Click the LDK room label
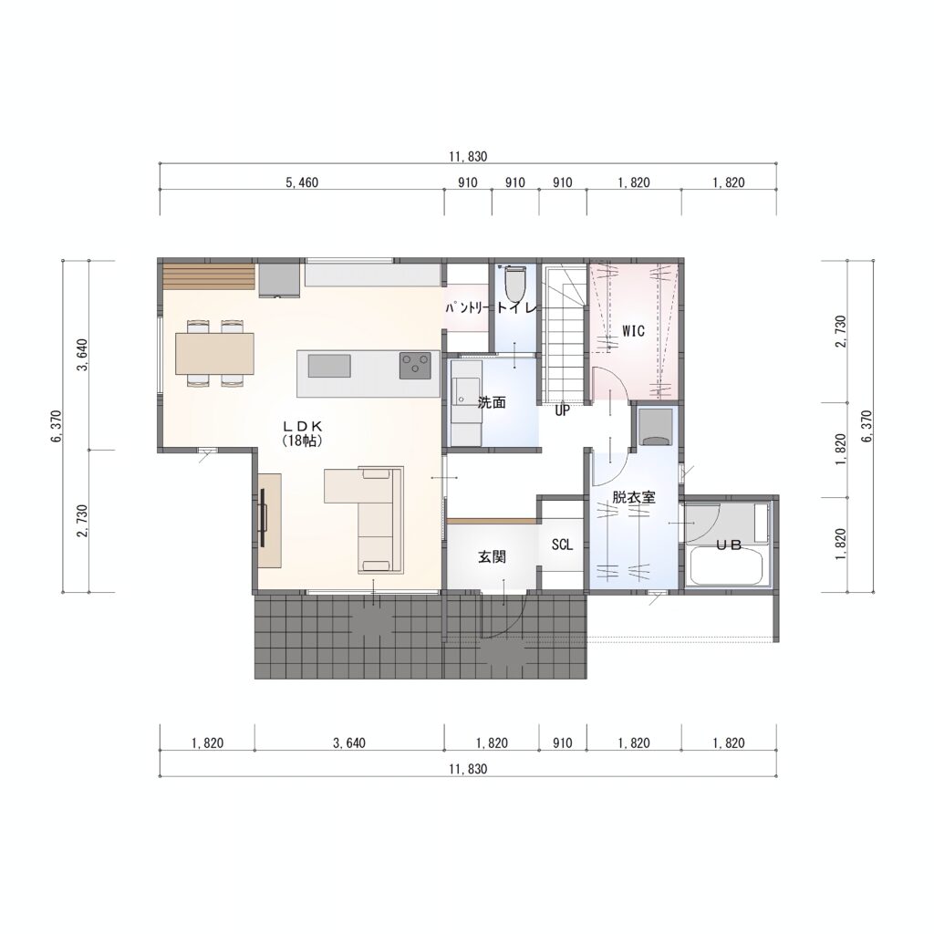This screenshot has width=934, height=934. click(x=302, y=427)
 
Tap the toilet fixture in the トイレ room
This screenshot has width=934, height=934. click(x=515, y=284)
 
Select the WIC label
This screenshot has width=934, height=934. click(x=633, y=330)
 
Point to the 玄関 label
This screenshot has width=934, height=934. click(x=492, y=557)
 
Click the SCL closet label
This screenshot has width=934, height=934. click(x=562, y=545)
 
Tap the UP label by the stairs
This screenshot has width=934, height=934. click(x=562, y=410)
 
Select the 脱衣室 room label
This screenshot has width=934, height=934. click(x=634, y=497)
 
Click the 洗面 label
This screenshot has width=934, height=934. click(x=492, y=402)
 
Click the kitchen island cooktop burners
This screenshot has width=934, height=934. click(x=415, y=365)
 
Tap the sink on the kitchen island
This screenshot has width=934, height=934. click(x=329, y=365)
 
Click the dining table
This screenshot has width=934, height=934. click(x=214, y=354)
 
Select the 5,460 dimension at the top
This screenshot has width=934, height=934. click(x=302, y=182)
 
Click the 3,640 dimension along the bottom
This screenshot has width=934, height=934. click(x=349, y=742)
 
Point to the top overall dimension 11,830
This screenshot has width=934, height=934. click(x=468, y=157)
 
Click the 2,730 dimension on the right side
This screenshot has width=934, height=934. click(x=840, y=332)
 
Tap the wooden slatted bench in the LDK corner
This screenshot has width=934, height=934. click(x=209, y=275)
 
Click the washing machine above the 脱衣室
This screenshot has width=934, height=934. click(x=655, y=427)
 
